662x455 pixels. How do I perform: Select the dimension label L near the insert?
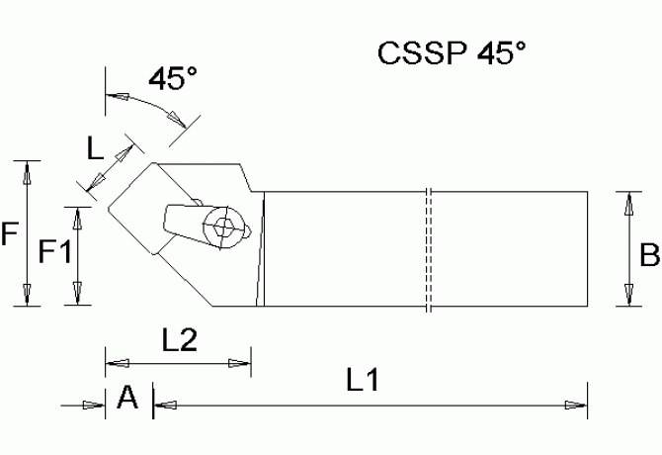coord(94,149)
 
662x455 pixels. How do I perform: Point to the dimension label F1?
coord(54,253)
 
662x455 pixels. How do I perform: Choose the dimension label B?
coord(649,256)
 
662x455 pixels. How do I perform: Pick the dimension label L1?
coord(365,379)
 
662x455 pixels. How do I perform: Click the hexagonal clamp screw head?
coord(224,226)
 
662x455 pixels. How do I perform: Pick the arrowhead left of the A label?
coord(95,404)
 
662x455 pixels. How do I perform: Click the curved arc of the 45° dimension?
coord(148,101)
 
